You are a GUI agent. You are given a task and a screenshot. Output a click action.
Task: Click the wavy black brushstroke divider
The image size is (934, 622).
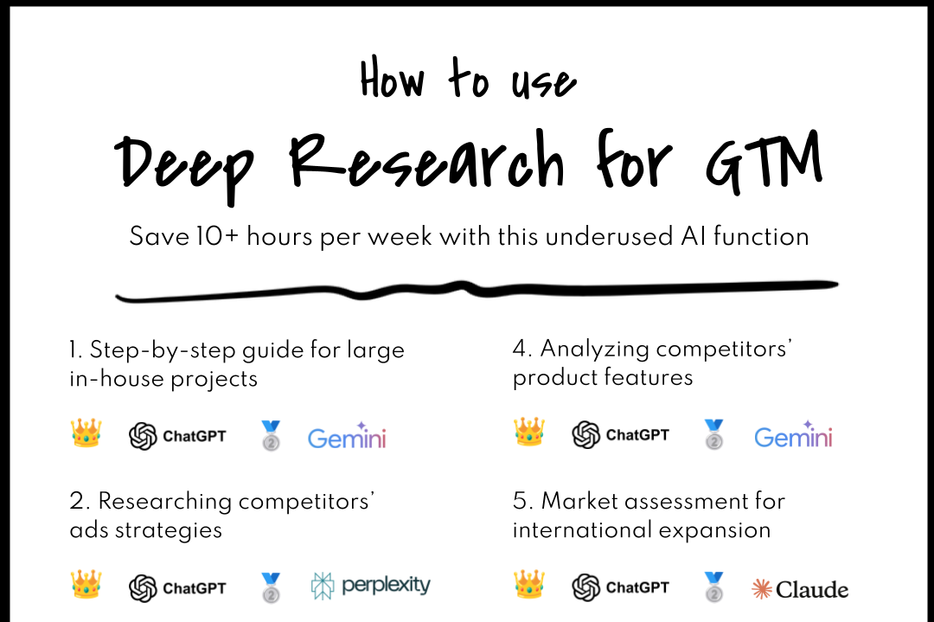click(x=477, y=290)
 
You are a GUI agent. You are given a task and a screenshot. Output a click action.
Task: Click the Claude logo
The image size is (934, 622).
click(x=799, y=589)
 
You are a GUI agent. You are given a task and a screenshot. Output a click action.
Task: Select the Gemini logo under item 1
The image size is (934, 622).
click(x=347, y=436)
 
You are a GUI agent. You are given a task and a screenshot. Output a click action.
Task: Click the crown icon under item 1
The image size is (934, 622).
click(x=86, y=433)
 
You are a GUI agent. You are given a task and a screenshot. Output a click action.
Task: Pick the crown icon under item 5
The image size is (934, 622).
click(x=529, y=586)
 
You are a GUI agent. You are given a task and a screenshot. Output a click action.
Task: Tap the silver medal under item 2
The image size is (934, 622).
click(x=271, y=587)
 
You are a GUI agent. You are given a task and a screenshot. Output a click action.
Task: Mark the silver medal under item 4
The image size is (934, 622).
click(x=713, y=434)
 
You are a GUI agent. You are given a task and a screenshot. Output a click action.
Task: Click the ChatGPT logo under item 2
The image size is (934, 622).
click(x=177, y=588)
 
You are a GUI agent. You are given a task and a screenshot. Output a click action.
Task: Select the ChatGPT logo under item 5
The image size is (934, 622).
click(x=621, y=587)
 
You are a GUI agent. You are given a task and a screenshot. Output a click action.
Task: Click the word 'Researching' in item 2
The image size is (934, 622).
click(x=163, y=502)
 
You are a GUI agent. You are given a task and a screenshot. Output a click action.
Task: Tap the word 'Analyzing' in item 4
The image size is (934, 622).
click(x=595, y=349)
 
